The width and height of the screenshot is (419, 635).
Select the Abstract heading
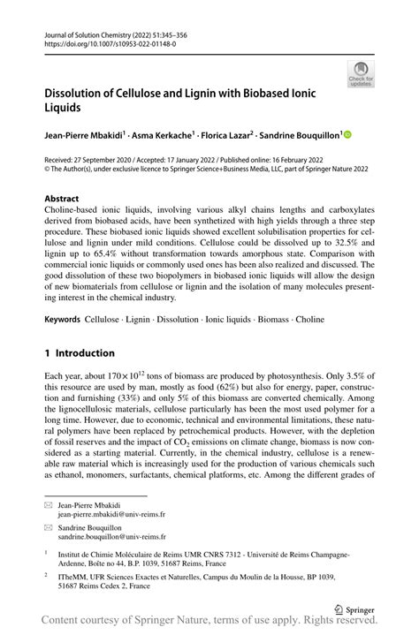pyautogui.click(x=63, y=200)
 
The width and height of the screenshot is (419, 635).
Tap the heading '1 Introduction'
pyautogui.click(x=80, y=352)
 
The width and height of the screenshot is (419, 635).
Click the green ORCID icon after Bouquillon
pyautogui.click(x=347, y=135)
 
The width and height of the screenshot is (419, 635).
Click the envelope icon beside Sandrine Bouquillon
pyautogui.click(x=49, y=526)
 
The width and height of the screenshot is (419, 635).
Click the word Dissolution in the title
pyautogui.click(x=86, y=93)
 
